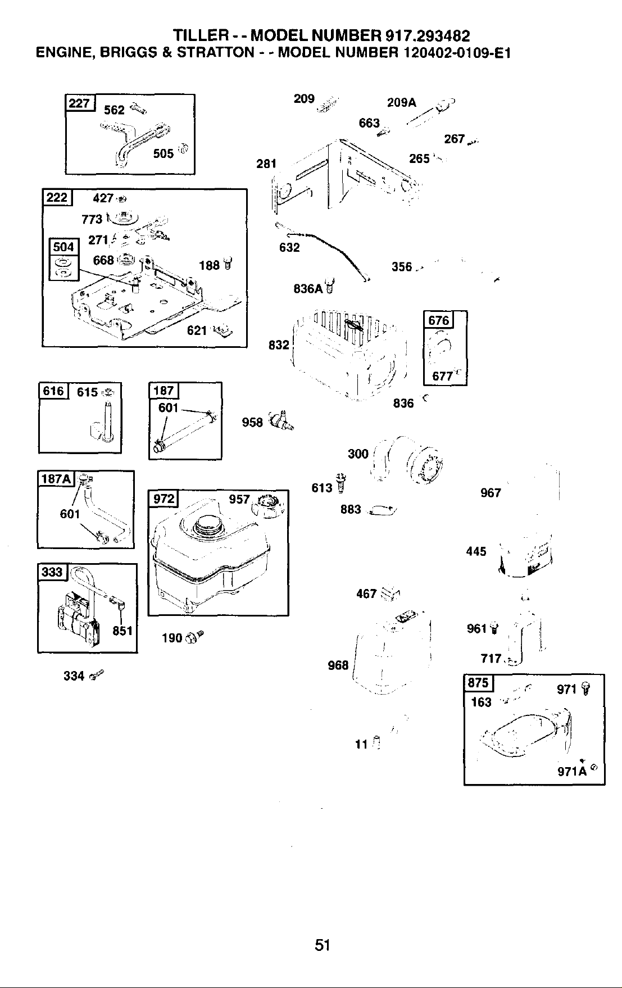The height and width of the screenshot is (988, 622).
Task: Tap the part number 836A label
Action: coord(308,289)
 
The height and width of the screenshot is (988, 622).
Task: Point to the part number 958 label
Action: coord(252,422)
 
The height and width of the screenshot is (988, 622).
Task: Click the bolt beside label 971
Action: coord(584,688)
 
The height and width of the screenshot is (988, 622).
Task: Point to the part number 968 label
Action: coord(338,665)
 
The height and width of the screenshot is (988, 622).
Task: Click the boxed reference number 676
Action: coord(439,320)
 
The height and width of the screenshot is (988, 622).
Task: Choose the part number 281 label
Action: coord(266,164)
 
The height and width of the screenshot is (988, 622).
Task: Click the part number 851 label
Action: coord(122,631)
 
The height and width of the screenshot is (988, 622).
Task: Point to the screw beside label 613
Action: coord(340,482)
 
